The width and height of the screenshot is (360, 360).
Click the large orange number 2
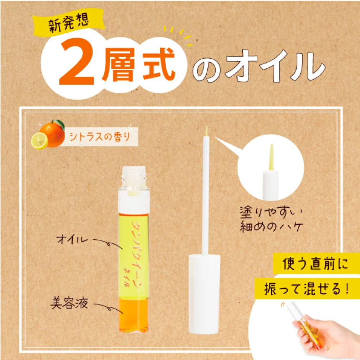point(77,62)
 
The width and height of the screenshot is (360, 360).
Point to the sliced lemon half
point(39,141)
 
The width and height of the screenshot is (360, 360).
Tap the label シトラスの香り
point(100,137)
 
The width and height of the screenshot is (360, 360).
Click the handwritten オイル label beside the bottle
point(72,239)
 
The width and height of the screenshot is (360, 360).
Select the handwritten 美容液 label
point(69,303)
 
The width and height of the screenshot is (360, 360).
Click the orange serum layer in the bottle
point(134,315)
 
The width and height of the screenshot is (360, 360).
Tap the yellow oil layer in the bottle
point(134,256)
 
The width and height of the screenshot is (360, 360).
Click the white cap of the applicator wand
point(204,294)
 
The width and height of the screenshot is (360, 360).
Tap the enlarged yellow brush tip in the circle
point(271,157)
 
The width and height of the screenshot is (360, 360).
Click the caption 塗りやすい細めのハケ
point(271,219)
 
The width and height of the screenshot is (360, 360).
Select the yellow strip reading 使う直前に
point(316,264)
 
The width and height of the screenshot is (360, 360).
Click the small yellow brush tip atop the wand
point(207,131)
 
